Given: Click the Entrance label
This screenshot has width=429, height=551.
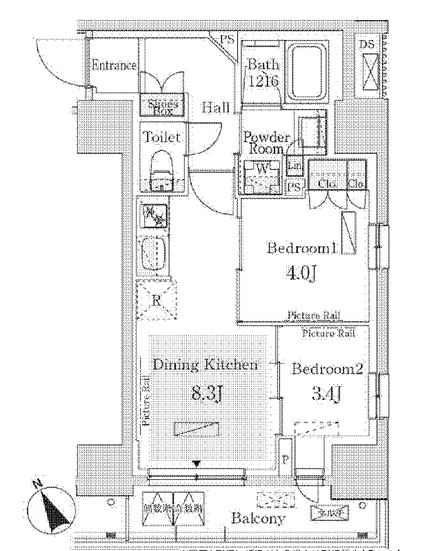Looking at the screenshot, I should (x=114, y=66).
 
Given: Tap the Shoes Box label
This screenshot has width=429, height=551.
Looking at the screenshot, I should (x=163, y=106).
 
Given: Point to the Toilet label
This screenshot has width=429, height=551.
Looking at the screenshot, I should (x=162, y=137).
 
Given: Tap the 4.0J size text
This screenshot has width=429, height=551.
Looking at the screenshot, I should (x=302, y=274).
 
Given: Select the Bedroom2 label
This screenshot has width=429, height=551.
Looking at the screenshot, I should (x=327, y=369).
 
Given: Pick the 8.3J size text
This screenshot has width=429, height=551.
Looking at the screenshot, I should (x=207, y=394).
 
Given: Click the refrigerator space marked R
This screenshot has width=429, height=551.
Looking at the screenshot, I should (x=157, y=300).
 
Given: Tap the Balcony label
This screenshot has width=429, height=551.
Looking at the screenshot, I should (x=258, y=519).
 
